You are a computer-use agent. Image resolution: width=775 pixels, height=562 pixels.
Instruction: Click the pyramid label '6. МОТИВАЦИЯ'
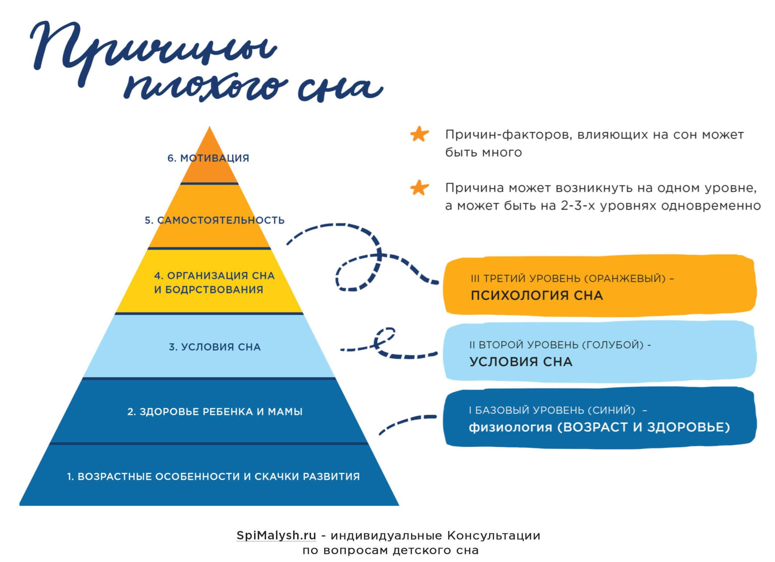(x=208, y=158)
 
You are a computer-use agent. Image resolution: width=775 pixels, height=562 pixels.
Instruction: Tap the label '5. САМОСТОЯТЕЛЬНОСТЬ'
(x=215, y=220)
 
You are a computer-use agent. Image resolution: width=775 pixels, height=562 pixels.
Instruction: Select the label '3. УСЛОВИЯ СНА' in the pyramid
(x=215, y=347)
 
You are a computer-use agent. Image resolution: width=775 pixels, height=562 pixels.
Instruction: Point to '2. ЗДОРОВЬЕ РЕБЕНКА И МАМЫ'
(x=215, y=412)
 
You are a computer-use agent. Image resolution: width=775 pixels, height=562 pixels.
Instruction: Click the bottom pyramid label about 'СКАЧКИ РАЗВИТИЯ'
(x=214, y=477)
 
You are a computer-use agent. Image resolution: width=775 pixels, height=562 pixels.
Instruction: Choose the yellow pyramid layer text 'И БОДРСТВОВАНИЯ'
(x=208, y=290)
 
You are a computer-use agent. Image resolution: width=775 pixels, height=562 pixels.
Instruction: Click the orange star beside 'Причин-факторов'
(x=419, y=134)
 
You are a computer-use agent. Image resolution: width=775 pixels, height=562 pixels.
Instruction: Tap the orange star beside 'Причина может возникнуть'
(x=419, y=188)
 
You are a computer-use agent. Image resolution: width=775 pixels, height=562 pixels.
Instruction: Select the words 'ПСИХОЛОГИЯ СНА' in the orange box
(x=537, y=295)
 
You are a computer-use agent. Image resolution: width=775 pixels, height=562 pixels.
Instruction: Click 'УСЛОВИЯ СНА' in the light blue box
(x=521, y=362)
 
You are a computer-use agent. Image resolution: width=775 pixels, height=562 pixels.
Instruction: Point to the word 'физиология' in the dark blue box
(x=510, y=427)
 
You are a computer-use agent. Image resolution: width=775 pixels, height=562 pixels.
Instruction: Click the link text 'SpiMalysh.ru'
(x=276, y=535)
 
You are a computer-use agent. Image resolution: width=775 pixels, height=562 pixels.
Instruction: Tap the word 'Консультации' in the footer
(x=494, y=535)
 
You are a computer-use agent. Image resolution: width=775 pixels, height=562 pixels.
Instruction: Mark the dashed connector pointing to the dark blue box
(x=407, y=423)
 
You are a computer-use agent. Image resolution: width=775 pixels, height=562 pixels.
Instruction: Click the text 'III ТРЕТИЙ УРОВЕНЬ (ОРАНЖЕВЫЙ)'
(x=568, y=278)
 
